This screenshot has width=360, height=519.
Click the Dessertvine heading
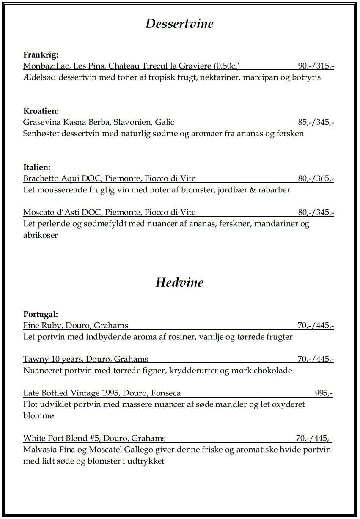179,24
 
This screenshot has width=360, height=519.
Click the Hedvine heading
179,282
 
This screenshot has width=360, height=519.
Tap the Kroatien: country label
41,111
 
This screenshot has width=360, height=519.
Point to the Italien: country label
37,167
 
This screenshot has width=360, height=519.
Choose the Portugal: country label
40,314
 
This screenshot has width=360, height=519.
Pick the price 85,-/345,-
316,123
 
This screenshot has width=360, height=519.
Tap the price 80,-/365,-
316,178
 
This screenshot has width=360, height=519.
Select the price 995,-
324,393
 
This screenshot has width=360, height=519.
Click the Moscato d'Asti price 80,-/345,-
316,212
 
